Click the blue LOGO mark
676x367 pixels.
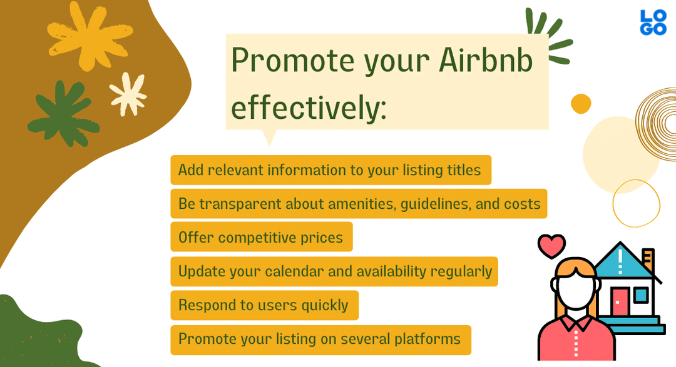[653, 23]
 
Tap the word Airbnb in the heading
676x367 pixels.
[486, 60]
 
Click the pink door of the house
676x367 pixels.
[620, 302]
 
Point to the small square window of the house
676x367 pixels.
[641, 295]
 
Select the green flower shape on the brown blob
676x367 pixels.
[64, 114]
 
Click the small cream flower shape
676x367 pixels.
[128, 94]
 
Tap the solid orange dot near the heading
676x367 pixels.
[581, 104]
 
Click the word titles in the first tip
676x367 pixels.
[464, 170]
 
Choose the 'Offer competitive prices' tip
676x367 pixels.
[262, 237]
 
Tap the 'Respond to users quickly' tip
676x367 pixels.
[265, 305]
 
